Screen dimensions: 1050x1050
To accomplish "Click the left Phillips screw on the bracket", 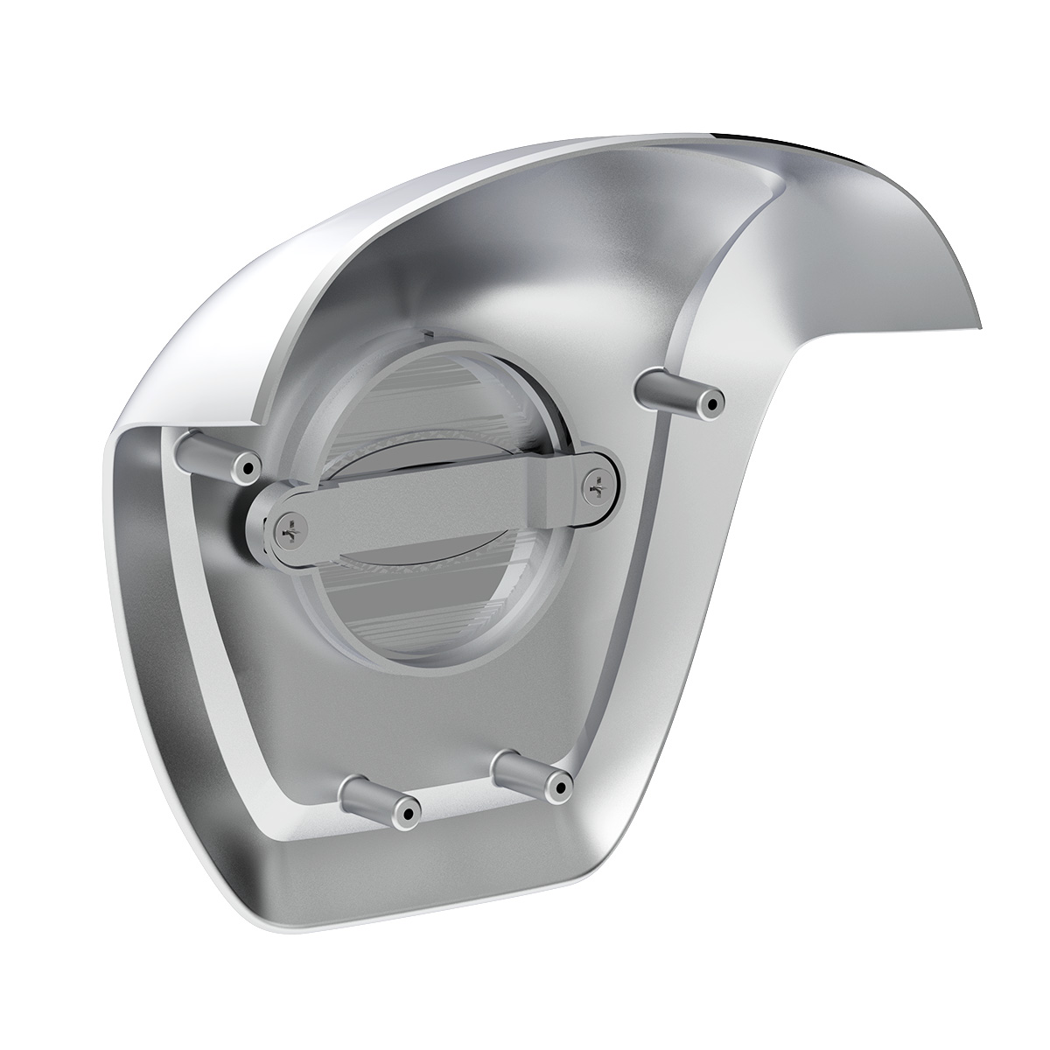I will [x=288, y=528].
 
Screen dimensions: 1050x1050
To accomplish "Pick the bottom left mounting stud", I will [x=377, y=803].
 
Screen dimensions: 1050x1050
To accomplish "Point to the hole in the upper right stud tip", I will [x=716, y=404].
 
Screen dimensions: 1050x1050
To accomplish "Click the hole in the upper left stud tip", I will [x=248, y=467].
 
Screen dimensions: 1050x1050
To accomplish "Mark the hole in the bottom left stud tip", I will [x=405, y=815].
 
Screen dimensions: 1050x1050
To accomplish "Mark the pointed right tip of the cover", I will [x=978, y=325].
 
